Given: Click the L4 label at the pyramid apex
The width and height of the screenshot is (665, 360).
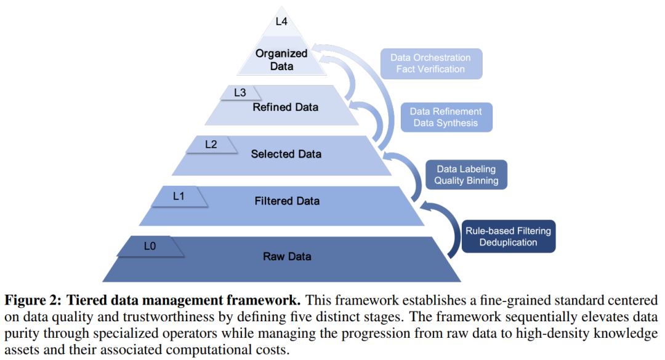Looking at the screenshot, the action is [281, 21].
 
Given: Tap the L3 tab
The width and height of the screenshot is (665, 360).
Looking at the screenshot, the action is [240, 92].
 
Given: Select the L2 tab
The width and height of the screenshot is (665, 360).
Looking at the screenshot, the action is [211, 145].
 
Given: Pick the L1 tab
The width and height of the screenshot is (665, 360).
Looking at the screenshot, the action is [179, 196].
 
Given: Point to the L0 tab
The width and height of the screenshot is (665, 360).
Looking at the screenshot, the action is [150, 246].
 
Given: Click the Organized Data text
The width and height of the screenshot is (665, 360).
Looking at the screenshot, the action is [281, 60].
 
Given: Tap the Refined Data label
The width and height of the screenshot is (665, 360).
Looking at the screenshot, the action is [286, 107].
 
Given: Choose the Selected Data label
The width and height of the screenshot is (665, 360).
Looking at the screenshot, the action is [286, 154].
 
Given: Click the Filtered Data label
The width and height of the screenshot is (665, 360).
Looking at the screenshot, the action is [287, 201].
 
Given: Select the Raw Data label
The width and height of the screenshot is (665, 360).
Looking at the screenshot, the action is [287, 257].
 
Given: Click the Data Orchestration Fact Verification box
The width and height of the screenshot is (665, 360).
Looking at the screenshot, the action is [431, 63].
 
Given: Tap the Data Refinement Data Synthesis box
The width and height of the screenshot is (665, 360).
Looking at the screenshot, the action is [446, 117].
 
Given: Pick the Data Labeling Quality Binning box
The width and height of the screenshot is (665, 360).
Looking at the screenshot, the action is [466, 175].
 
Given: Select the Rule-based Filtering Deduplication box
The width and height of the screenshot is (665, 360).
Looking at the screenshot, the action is [508, 236].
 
